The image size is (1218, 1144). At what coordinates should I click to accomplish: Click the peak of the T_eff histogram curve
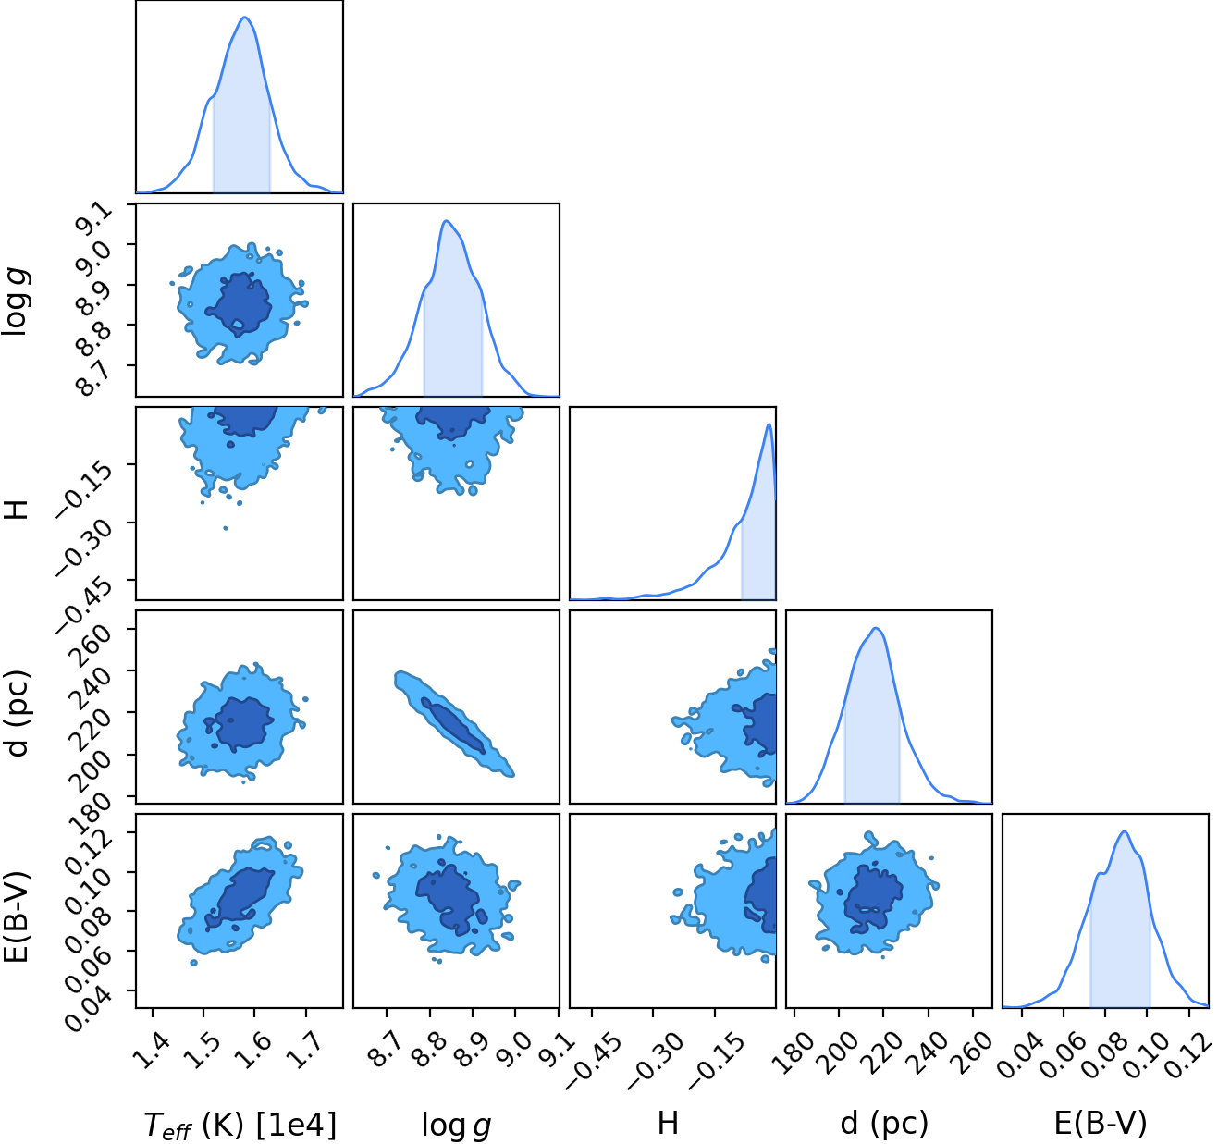coord(245,17)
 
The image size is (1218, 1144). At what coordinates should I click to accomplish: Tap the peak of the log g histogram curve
coord(447,220)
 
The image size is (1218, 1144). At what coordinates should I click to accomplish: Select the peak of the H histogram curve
coord(769,424)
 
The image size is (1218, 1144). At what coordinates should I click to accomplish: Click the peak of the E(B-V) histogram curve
coord(1125,831)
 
